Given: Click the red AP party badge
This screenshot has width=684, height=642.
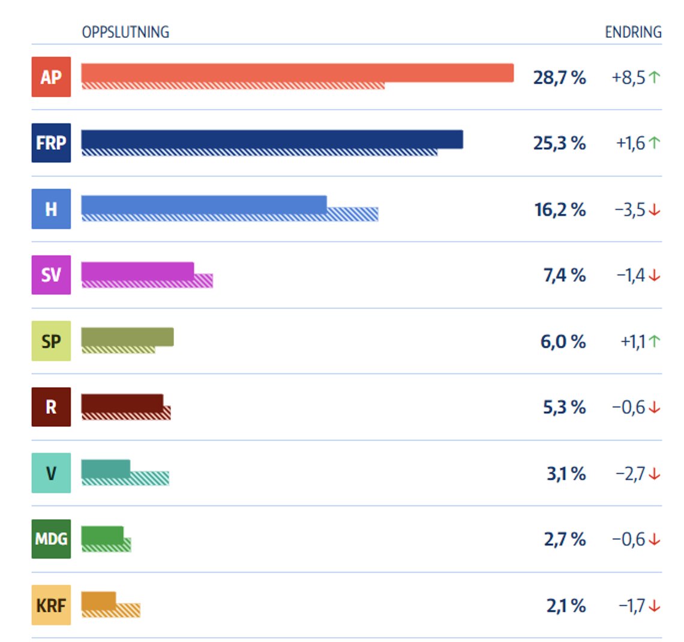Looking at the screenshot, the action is (51, 77).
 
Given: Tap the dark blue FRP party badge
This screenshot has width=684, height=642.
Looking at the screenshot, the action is (51, 143).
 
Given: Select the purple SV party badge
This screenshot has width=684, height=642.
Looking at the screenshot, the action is (51, 275).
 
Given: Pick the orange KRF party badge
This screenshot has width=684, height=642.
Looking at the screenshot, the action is (51, 605).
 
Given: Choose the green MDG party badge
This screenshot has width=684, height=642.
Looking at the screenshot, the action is (51, 539).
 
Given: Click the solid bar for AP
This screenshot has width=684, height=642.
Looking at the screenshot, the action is (298, 73).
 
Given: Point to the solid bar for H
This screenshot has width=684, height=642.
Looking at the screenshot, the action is (204, 205).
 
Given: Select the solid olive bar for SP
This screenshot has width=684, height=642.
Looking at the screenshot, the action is (127, 337).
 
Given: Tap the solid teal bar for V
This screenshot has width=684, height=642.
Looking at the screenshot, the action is (106, 469).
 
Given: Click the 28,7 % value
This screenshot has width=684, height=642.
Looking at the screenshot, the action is (559, 78).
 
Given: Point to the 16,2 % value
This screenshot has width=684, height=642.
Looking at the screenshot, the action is (560, 210).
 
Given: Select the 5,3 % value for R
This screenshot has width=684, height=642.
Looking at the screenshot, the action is (564, 408).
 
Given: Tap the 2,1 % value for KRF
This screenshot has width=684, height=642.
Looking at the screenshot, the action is (566, 606).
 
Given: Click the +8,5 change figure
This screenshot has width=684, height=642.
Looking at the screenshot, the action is (628, 77).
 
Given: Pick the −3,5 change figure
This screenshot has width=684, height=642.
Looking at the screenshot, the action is (630, 210).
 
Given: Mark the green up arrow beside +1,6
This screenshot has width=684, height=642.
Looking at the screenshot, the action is (654, 143).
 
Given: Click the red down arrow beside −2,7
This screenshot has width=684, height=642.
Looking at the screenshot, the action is (654, 474).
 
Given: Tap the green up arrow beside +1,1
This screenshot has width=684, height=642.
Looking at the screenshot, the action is (654, 341).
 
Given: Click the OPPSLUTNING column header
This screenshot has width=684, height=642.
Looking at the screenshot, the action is (125, 32).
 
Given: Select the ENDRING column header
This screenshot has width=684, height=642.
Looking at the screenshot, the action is (634, 32).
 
